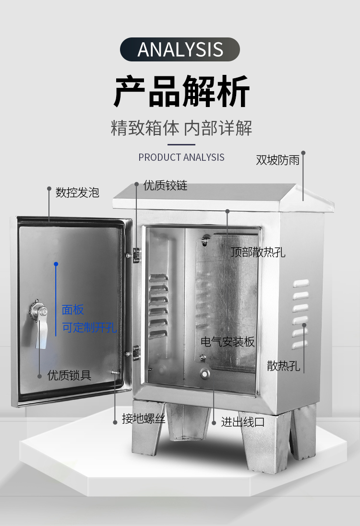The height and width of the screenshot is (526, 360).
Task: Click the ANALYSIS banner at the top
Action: tap(180, 49)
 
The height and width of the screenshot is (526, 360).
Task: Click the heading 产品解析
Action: tap(181, 91)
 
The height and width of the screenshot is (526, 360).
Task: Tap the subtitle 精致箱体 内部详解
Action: tap(181, 128)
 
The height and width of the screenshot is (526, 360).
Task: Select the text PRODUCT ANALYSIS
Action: tap(181, 157)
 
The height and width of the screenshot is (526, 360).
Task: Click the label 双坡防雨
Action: tap(277, 160)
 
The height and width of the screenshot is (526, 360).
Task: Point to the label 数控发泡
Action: tap(77, 192)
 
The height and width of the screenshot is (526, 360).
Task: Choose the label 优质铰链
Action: tap(165, 186)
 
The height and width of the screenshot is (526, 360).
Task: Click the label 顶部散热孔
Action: tap(258, 252)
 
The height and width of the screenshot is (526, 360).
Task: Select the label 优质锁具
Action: tap(69, 375)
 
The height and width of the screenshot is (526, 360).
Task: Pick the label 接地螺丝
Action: tap(144, 419)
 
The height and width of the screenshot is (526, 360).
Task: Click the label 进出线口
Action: tap(243, 422)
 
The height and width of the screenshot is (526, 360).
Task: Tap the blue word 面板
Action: tap(73, 310)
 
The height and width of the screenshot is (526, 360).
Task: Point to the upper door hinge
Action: tap(136, 254)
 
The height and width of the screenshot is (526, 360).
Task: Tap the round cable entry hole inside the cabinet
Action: tap(205, 373)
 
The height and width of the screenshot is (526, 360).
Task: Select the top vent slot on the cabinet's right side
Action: tap(301, 283)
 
